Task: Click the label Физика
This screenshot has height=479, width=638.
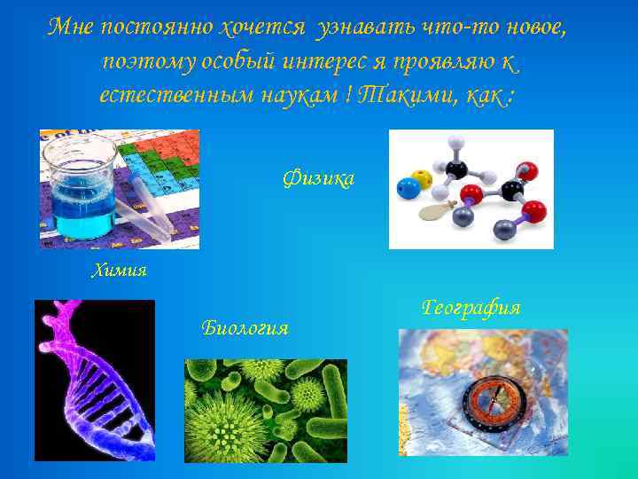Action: click(318, 179)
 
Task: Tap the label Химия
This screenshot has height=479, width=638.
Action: click(119, 271)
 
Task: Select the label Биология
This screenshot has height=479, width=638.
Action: click(245, 328)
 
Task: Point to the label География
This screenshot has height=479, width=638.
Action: click(471, 308)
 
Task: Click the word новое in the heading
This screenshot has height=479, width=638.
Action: click(533, 27)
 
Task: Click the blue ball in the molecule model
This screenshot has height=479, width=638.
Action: click(407, 188)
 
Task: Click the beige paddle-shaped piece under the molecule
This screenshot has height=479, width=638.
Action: click(437, 210)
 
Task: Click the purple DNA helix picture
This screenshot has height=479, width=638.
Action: click(95, 380)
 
